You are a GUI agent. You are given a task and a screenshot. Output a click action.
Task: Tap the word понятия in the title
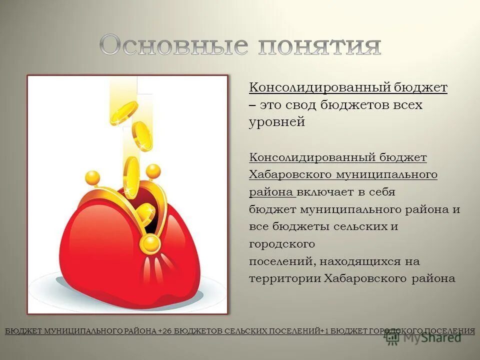point(319,45)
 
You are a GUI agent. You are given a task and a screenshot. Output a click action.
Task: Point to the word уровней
point(277,122)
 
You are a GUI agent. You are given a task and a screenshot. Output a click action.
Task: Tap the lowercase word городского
point(282,244)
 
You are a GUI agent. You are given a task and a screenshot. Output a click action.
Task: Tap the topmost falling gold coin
point(124,112)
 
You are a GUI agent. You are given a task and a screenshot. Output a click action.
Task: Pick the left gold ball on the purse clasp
point(93,177)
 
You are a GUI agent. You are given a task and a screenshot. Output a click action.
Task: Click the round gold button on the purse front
point(150,244)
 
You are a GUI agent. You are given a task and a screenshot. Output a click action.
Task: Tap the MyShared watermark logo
point(422,337)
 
